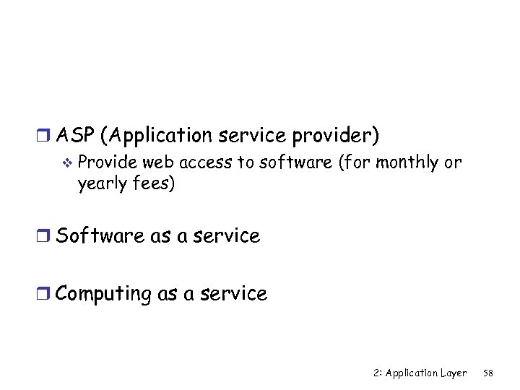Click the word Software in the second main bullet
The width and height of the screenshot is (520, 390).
(100, 235)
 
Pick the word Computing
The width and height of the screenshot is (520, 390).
(103, 294)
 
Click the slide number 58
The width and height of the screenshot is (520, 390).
(488, 373)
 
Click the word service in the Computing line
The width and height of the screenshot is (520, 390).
(233, 294)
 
